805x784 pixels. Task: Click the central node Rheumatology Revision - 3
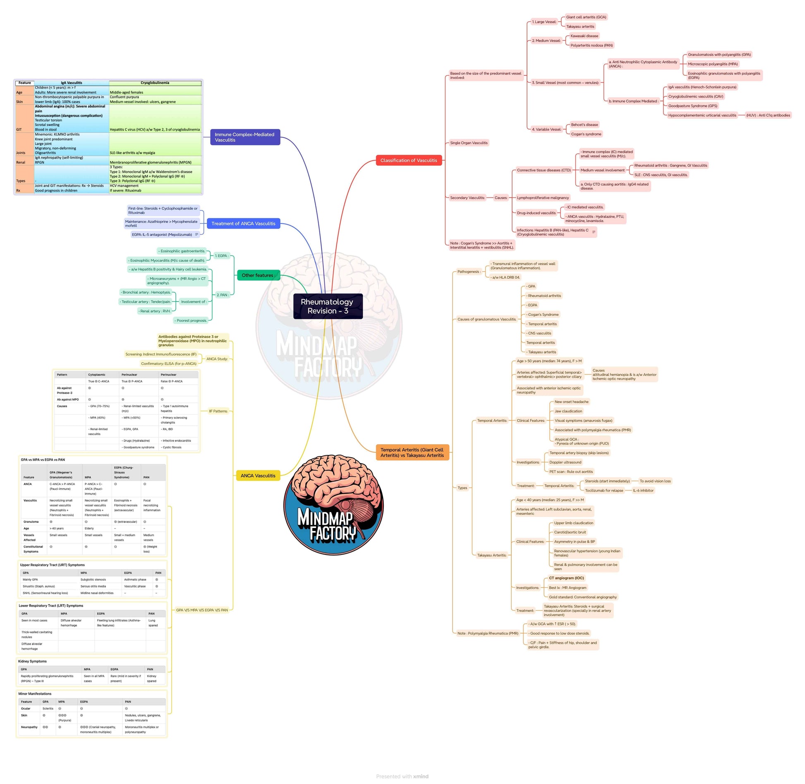click(x=328, y=306)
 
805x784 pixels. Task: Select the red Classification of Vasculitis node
click(x=408, y=160)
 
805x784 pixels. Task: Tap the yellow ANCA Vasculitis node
click(x=258, y=476)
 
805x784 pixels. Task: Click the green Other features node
click(x=258, y=275)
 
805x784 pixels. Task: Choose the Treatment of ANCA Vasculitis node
click(x=243, y=224)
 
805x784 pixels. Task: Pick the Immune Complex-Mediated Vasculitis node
click(x=244, y=137)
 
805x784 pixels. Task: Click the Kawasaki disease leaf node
click(x=584, y=36)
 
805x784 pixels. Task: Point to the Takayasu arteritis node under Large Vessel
click(x=580, y=26)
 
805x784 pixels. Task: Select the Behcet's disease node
click(x=584, y=125)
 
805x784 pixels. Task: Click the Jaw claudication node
click(x=568, y=411)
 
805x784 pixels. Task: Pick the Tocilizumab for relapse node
click(x=604, y=490)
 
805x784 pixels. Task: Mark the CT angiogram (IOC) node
click(x=566, y=578)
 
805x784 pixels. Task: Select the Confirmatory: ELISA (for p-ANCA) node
click(x=169, y=364)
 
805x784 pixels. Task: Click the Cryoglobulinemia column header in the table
click(x=155, y=83)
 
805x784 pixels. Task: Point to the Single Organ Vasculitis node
click(x=469, y=143)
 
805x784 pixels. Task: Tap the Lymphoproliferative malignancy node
click(x=543, y=198)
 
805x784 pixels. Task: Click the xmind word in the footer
click(x=421, y=777)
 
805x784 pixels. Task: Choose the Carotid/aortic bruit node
click(x=570, y=532)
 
